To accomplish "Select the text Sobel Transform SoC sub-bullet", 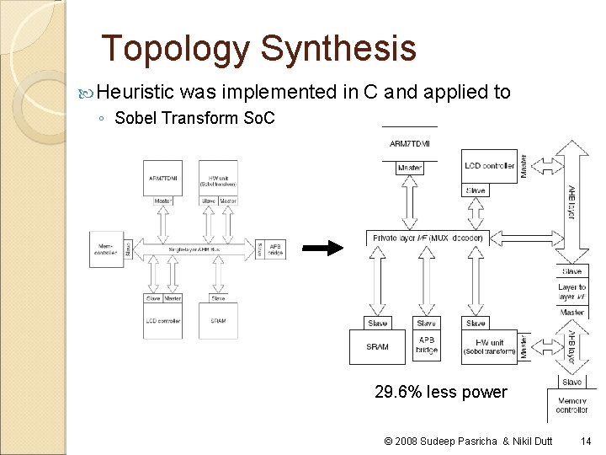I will click(x=194, y=118).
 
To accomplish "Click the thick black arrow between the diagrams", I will click(x=323, y=248).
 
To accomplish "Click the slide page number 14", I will click(x=586, y=441).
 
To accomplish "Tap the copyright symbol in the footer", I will click(x=388, y=441).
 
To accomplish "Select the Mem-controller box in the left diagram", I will click(x=106, y=249).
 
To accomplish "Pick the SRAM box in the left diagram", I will click(x=218, y=319).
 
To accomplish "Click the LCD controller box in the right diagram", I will click(x=489, y=166).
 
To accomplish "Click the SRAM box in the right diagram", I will click(x=378, y=346).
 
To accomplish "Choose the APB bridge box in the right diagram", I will click(x=427, y=345).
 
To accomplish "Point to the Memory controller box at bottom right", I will click(x=571, y=404).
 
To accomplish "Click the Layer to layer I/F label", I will click(x=572, y=292).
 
